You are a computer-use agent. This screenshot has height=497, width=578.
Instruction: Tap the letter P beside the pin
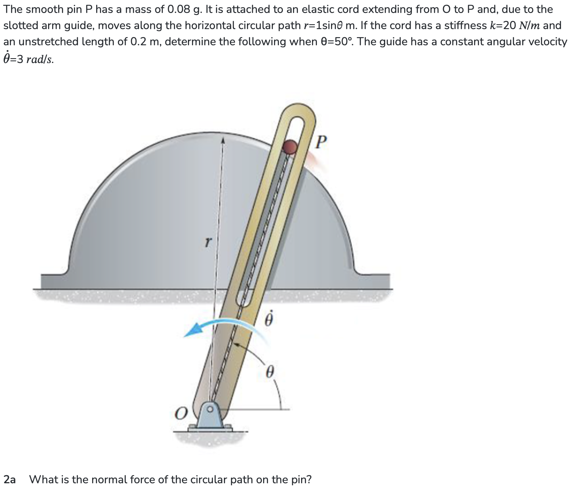pos(321,142)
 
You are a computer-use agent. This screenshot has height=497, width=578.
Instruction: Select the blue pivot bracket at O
pos(210,416)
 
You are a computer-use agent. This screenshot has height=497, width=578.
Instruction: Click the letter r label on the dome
pos(208,242)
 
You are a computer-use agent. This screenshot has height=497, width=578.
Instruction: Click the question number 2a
pos(10,480)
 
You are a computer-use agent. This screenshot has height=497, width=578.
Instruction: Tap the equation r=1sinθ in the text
pos(329,25)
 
